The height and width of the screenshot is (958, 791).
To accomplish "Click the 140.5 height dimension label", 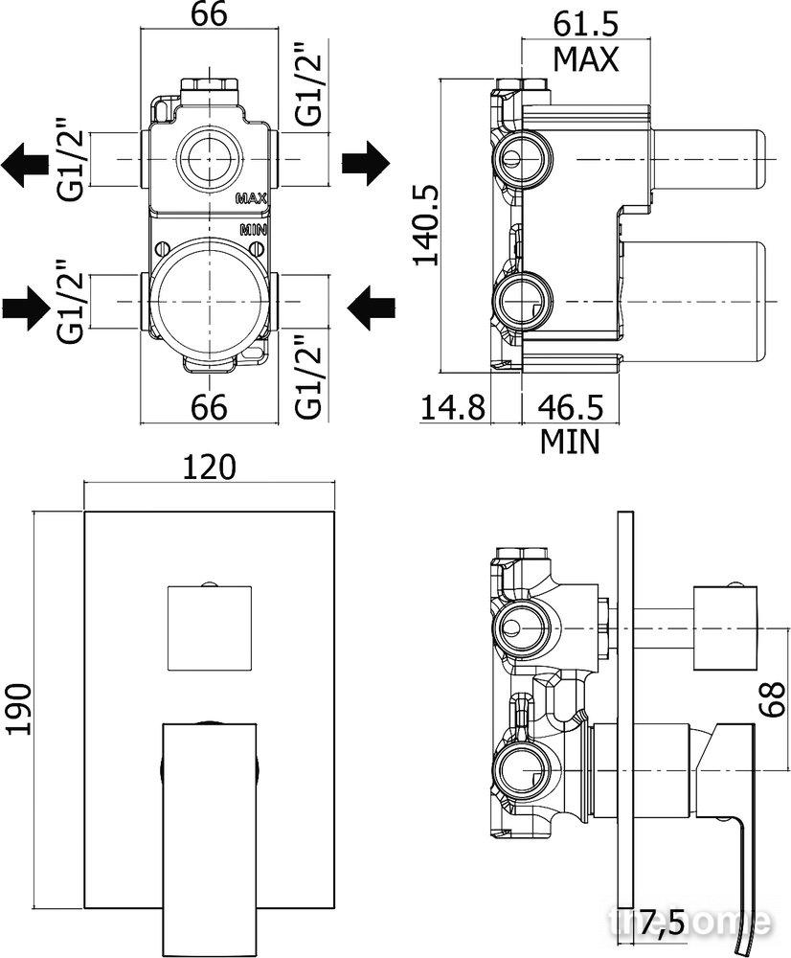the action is click(x=426, y=225).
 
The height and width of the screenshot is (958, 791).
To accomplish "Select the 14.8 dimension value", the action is click(x=453, y=407).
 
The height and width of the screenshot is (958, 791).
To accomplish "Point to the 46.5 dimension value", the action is click(x=571, y=407).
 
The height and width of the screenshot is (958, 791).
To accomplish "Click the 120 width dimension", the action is click(x=209, y=468).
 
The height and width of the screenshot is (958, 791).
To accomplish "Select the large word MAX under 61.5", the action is click(x=586, y=59).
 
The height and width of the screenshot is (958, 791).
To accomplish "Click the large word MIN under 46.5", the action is click(x=570, y=442).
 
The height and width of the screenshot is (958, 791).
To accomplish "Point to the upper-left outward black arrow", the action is click(x=25, y=163).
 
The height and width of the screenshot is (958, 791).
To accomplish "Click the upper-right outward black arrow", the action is click(x=365, y=163).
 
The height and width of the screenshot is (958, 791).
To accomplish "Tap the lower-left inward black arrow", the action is click(x=26, y=306).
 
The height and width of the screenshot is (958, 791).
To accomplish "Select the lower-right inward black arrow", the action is click(x=371, y=306).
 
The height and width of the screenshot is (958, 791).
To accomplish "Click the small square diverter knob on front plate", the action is click(x=209, y=627).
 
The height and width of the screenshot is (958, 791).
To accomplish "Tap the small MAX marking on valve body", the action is click(x=252, y=198).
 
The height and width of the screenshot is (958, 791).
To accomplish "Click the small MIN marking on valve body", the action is click(x=254, y=230).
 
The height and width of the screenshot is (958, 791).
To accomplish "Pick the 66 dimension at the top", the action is click(x=209, y=13).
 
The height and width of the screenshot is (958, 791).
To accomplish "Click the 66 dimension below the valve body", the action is click(x=209, y=406).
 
